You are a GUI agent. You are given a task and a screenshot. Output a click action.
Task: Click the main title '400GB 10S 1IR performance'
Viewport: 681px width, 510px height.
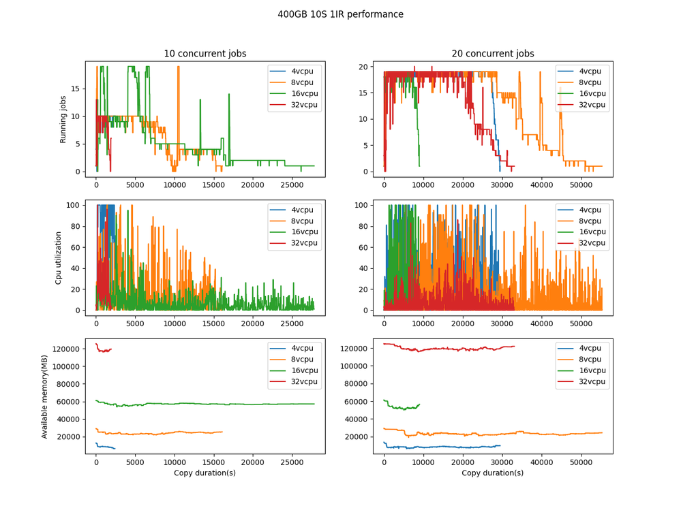[x=340, y=14]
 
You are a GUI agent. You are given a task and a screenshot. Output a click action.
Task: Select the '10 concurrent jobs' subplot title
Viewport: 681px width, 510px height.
[x=205, y=54]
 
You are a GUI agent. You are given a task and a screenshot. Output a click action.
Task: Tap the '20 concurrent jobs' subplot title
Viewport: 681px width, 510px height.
[x=492, y=54]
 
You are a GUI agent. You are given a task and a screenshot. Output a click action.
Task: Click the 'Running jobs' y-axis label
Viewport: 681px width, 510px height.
[x=63, y=119]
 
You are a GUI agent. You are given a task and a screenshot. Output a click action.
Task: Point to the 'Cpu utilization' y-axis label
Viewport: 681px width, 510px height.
[x=59, y=258]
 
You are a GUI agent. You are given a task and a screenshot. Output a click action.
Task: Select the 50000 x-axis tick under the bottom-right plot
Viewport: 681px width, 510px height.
[x=580, y=462]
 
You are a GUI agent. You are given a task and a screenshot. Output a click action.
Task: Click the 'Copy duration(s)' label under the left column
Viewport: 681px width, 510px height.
[x=205, y=473]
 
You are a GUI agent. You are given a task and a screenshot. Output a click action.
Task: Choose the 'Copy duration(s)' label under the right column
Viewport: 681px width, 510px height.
[x=492, y=473]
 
